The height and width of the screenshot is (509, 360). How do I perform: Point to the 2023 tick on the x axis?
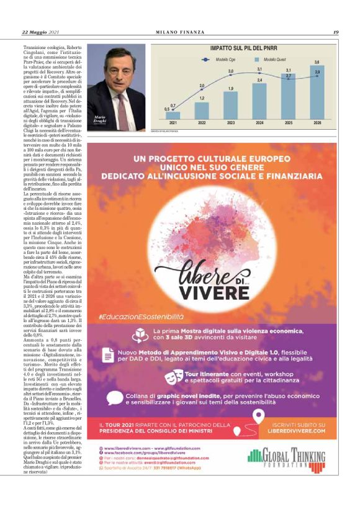pos(231,124)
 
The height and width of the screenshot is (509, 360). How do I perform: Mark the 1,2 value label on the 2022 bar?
pos(202,99)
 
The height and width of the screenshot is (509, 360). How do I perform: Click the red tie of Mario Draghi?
pos(122,106)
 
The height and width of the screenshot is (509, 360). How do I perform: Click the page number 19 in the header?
pos(336,32)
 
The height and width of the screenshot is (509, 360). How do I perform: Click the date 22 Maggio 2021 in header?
pos(41,32)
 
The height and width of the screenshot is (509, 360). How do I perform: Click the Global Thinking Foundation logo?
pos(297,459)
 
